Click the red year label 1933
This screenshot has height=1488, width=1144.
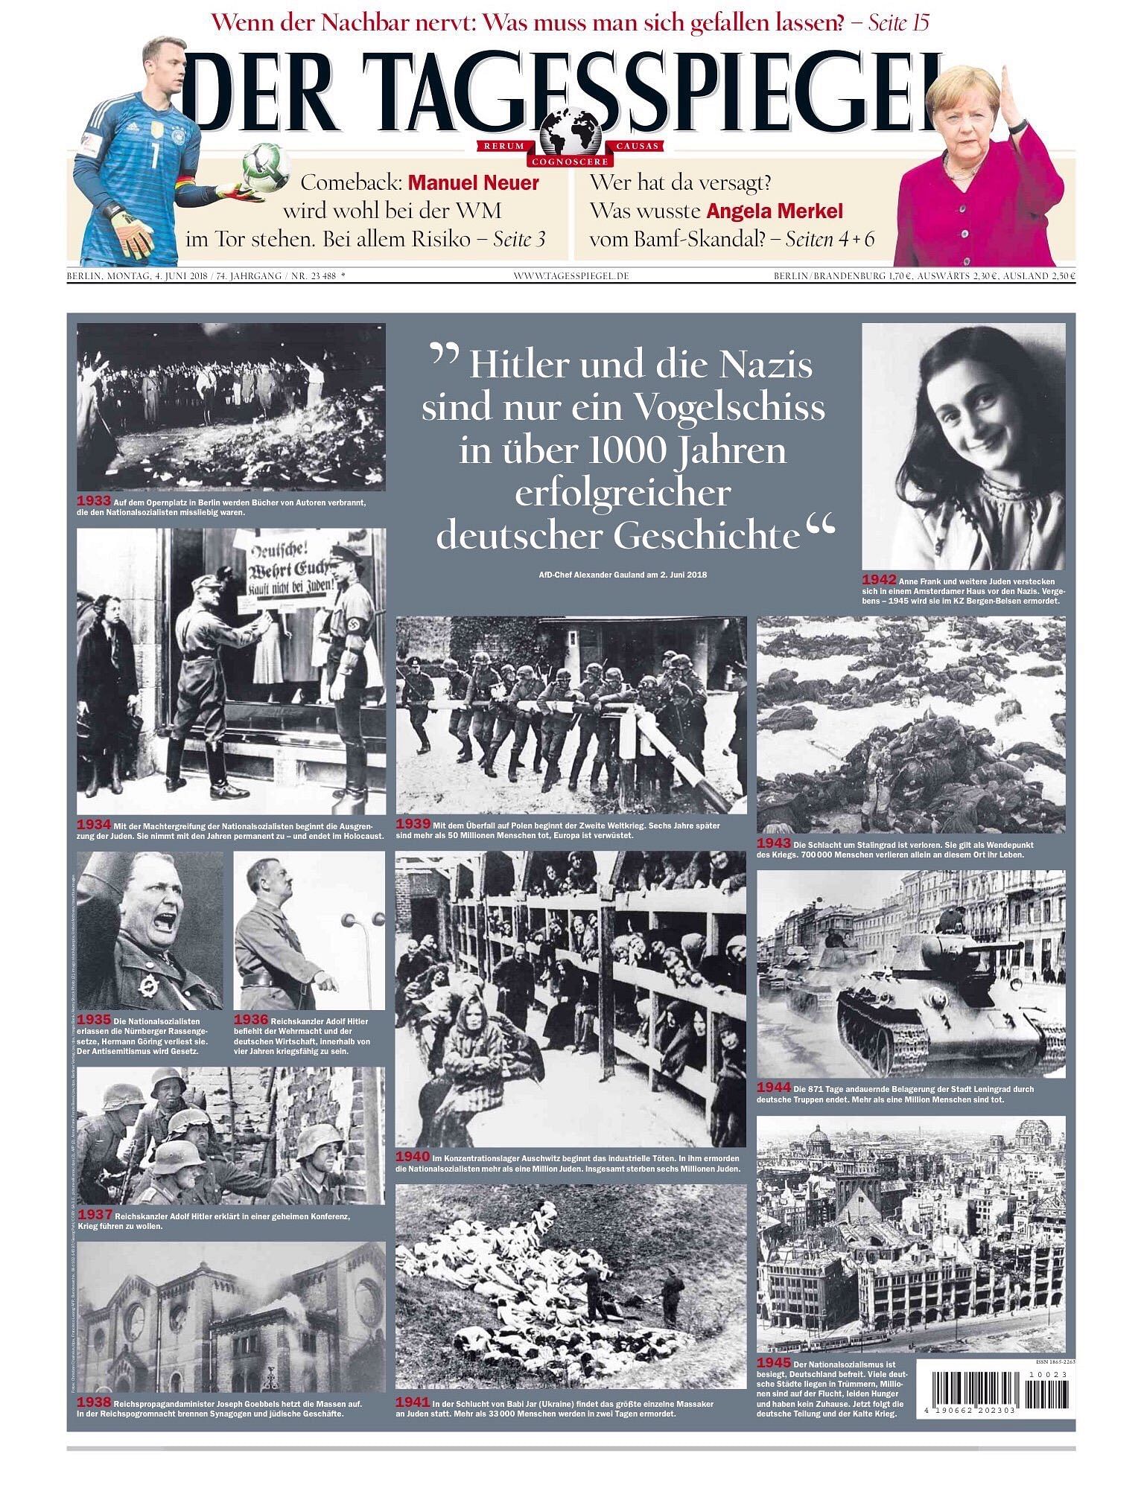point(94,501)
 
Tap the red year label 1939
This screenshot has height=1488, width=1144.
point(413,824)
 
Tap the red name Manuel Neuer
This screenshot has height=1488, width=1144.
point(474,183)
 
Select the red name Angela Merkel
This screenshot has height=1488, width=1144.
point(775,211)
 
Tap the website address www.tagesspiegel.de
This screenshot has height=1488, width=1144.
point(571,276)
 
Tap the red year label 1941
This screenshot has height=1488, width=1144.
point(413,1403)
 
